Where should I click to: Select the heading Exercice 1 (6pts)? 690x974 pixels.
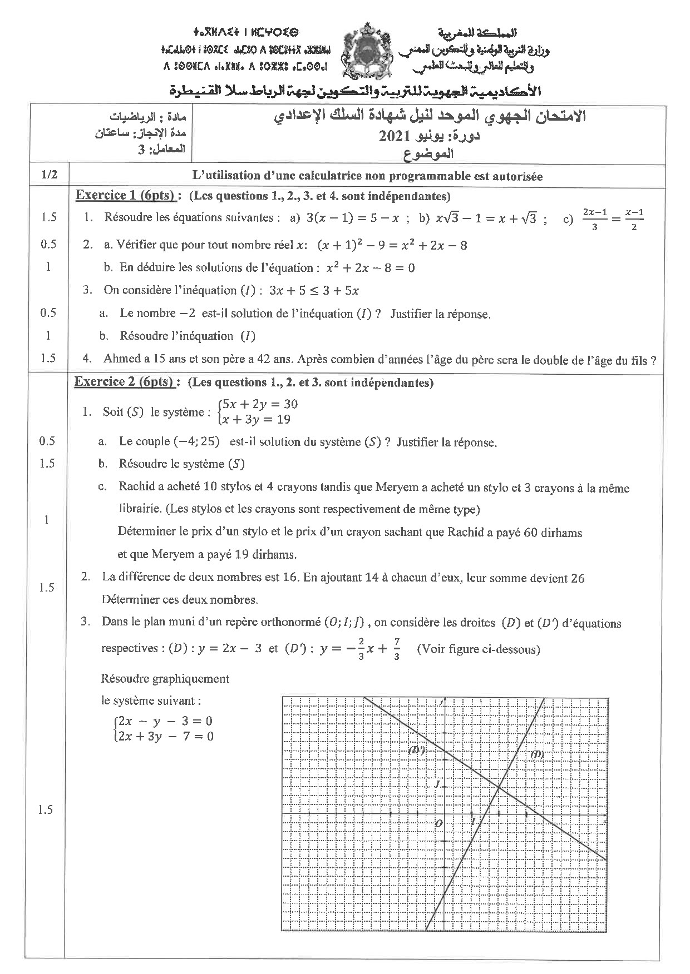coord(126,195)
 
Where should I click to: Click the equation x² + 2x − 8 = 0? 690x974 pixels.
coord(370,268)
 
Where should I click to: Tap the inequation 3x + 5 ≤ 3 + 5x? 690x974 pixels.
coord(314,290)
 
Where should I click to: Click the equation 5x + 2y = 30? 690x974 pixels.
coord(259,404)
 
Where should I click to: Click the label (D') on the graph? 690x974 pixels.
coord(417,749)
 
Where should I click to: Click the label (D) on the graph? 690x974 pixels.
coord(537,754)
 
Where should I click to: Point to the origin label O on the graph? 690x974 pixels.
coord(438,823)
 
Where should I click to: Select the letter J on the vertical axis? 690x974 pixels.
coord(437,784)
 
